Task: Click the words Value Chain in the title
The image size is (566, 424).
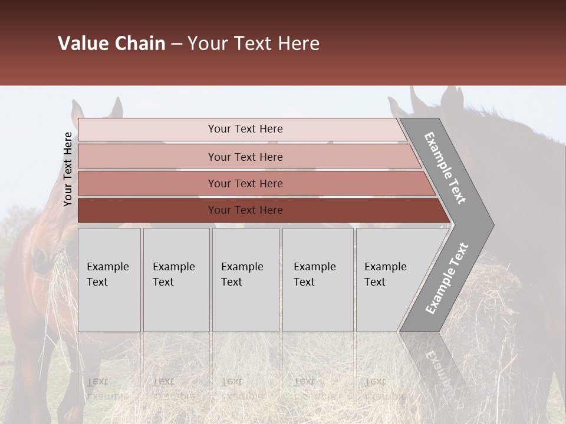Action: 111,44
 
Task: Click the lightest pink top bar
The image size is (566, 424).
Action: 242,129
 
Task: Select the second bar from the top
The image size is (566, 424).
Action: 245,157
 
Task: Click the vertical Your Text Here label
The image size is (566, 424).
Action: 68,169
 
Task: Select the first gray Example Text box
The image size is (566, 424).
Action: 109,280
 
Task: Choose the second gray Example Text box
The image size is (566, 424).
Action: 176,280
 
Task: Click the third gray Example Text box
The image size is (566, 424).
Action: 245,280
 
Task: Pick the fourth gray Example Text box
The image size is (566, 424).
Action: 317,280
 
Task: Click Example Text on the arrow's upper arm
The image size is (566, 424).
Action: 445,168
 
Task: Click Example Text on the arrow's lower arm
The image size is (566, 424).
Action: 446,278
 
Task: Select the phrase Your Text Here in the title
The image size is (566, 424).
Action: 254,44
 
